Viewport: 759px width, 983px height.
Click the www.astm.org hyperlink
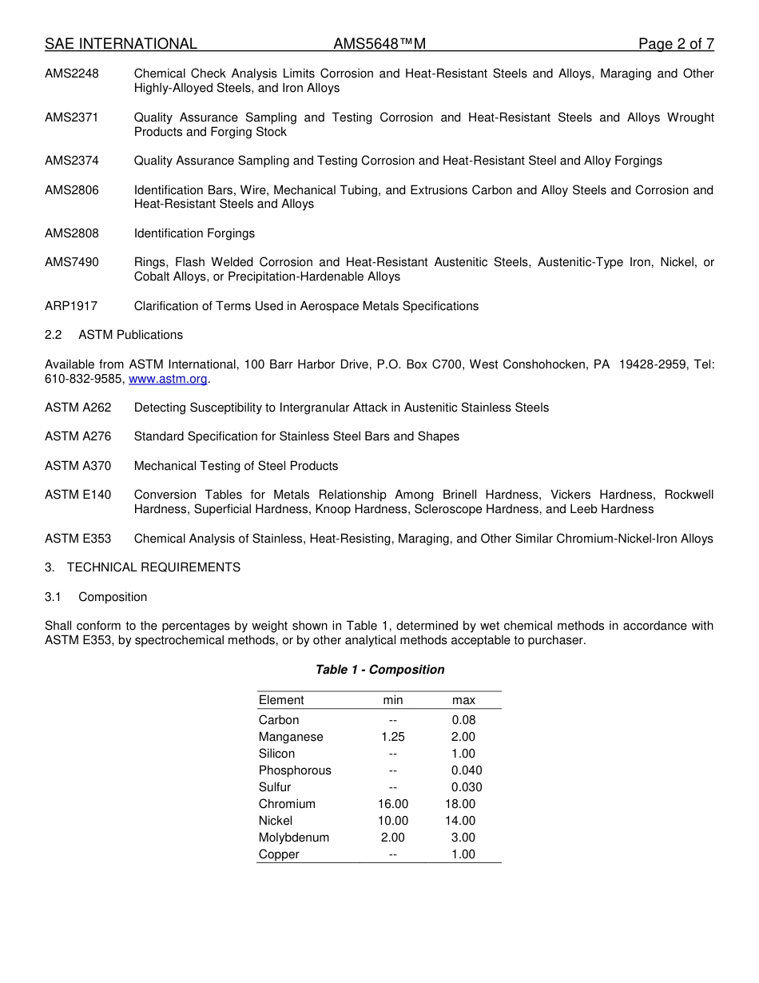[x=168, y=379]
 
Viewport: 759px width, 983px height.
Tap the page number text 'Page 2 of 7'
[x=676, y=44]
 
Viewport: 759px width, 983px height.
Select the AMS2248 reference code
[x=72, y=74]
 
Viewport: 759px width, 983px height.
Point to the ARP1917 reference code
[x=71, y=306]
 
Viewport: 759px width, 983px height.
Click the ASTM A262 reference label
[x=78, y=408]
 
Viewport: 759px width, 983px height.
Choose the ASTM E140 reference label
[x=78, y=495]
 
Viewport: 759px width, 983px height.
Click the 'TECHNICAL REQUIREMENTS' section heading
[x=153, y=567]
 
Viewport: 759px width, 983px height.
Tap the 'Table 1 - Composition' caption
[x=379, y=670]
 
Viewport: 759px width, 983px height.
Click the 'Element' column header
[x=281, y=700]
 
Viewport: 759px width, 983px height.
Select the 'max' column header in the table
[x=463, y=700]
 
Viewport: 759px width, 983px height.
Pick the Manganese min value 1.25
[x=392, y=737]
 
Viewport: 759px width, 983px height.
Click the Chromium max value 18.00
[x=460, y=804]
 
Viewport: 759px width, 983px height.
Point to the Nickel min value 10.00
[x=392, y=821]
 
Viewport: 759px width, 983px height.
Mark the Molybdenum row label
[x=294, y=838]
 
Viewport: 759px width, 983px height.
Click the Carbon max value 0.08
[x=463, y=720]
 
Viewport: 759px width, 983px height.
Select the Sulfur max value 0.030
[x=467, y=787]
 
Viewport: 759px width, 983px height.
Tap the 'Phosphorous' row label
[x=295, y=770]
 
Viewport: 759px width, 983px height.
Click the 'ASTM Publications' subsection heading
[x=130, y=335]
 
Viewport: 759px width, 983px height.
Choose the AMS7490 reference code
[x=72, y=262]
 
